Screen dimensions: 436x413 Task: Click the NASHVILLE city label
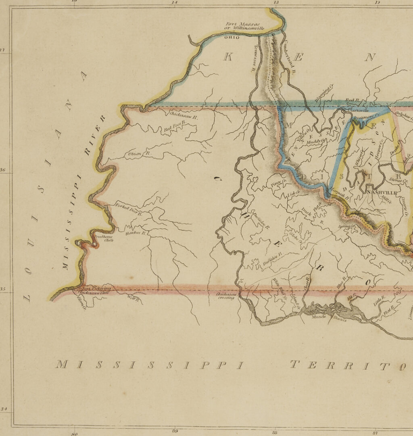[x=380, y=193]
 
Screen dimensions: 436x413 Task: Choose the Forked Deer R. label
[x=129, y=209]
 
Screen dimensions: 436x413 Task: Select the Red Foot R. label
[x=174, y=128]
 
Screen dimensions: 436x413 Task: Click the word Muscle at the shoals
[x=319, y=317]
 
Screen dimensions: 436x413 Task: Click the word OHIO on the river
[x=232, y=38]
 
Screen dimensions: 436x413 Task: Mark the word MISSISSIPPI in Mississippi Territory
[x=150, y=365]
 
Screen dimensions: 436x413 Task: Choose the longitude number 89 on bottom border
[x=175, y=431]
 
